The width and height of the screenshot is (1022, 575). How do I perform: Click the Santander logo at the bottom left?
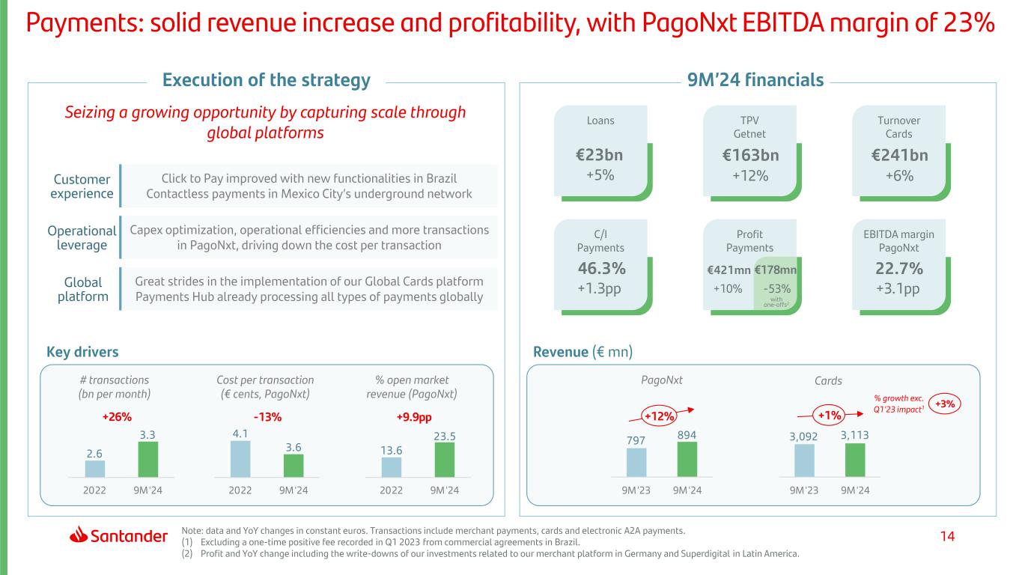click(x=119, y=536)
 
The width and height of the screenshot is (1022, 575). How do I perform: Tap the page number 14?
click(x=949, y=536)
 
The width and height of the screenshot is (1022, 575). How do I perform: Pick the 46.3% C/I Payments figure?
click(x=601, y=269)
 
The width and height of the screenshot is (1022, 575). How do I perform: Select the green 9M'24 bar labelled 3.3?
click(x=149, y=458)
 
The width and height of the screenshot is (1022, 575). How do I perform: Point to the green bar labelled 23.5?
click(x=445, y=459)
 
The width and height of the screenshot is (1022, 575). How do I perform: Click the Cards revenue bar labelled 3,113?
click(x=855, y=459)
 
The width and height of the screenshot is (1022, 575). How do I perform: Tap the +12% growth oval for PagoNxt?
click(x=657, y=416)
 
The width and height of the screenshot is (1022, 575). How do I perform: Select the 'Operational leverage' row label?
click(x=82, y=237)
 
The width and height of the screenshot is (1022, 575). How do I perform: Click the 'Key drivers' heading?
click(x=82, y=352)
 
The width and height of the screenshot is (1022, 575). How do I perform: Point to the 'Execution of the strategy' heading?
click(x=267, y=80)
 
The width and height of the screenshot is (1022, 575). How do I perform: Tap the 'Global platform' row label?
click(x=82, y=289)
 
